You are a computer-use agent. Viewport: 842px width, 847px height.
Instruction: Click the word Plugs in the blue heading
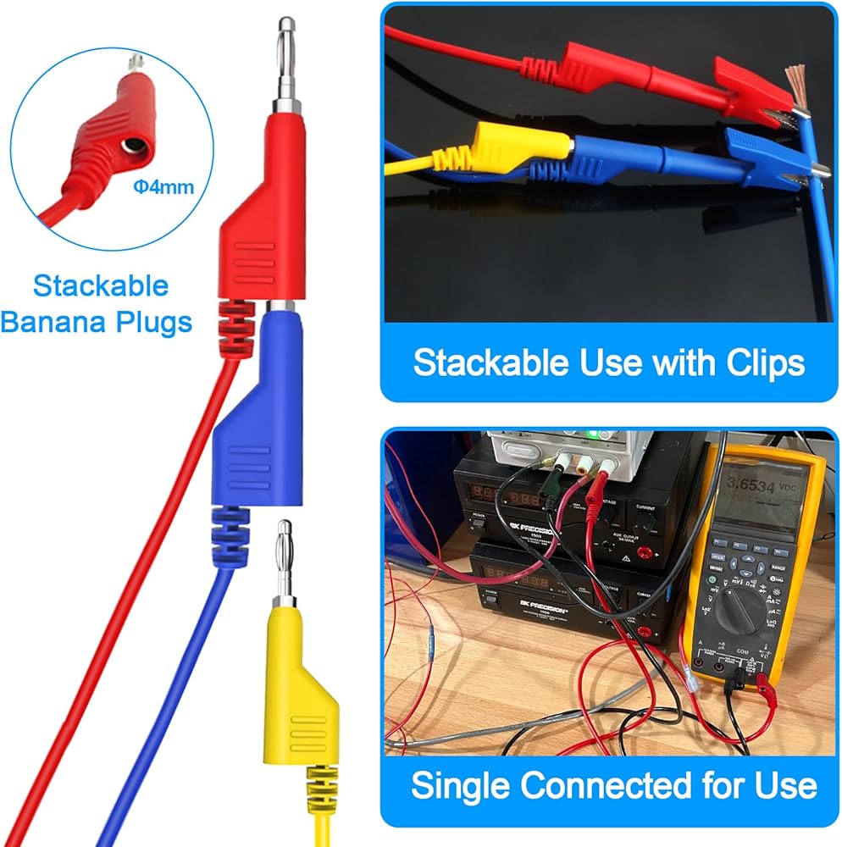click(156, 323)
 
